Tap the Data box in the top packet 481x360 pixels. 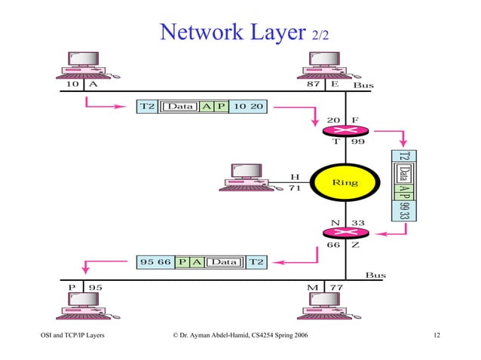(x=180, y=106)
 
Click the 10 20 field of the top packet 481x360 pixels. (x=247, y=106)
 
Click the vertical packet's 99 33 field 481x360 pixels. (x=404, y=210)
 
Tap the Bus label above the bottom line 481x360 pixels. (x=375, y=276)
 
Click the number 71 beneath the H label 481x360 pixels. (x=295, y=188)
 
